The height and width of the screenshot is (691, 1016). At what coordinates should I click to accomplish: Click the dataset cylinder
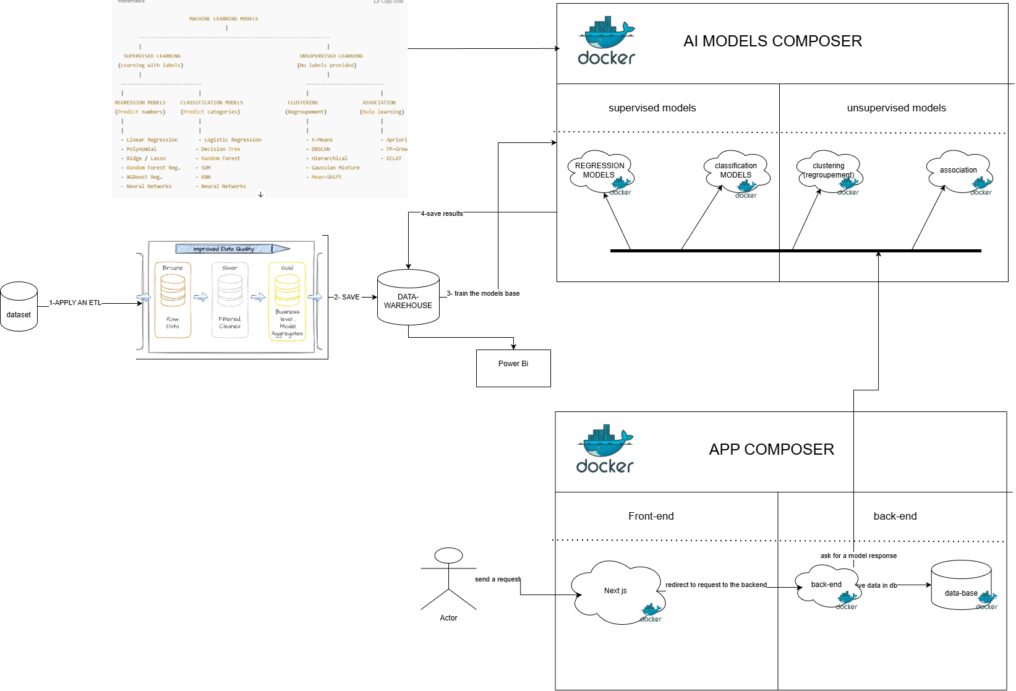[19, 307]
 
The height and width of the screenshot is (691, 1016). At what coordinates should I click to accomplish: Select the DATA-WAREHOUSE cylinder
[408, 298]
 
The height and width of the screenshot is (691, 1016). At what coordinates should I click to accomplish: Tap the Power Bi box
[513, 368]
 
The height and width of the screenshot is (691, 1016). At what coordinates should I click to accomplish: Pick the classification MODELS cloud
[735, 171]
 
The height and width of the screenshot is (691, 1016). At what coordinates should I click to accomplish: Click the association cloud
[958, 170]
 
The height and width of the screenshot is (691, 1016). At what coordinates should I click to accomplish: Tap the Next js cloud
[615, 591]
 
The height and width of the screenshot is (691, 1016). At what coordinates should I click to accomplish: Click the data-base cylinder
[961, 585]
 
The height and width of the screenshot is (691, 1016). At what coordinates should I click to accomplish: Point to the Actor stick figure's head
[448, 556]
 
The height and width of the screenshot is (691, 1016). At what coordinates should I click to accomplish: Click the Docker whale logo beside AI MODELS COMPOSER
[607, 41]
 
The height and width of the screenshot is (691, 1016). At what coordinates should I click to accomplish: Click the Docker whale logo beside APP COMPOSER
[605, 449]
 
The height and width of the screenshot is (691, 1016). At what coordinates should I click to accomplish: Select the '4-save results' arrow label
[442, 213]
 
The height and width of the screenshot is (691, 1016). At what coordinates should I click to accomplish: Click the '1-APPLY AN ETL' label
[75, 303]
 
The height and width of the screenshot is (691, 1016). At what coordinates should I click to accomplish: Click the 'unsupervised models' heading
[896, 108]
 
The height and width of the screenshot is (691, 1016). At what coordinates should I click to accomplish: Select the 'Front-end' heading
[651, 516]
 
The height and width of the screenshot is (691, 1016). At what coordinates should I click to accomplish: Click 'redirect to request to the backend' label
[715, 585]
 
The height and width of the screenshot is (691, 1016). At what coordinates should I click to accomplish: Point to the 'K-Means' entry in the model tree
[322, 140]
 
